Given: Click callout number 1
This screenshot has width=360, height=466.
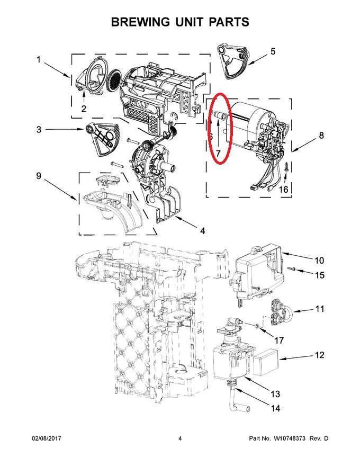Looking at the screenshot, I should (38, 60).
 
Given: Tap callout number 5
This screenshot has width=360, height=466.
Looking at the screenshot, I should (273, 51).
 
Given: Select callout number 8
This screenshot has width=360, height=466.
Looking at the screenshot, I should (321, 136).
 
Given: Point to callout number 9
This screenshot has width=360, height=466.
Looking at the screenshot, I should (38, 176).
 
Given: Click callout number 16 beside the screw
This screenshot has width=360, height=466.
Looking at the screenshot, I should (284, 189).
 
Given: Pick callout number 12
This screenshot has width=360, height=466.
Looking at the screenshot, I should (319, 355).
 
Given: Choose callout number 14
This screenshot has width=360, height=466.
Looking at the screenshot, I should (275, 408).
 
